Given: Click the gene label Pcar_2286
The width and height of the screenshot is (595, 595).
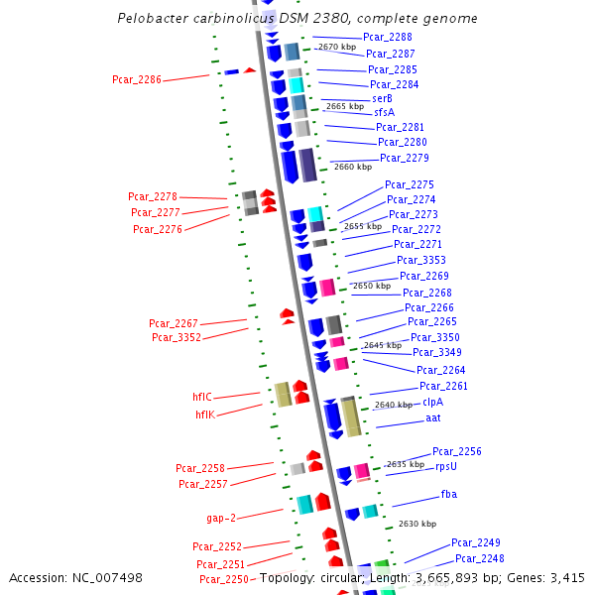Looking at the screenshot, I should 137,78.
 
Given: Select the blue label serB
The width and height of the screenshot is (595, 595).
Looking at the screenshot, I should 382,98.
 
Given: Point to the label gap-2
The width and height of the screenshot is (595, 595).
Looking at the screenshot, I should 221,518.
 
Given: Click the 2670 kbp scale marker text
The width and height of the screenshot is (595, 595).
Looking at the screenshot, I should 337,47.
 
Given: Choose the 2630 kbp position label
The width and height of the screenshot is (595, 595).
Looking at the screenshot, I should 416,524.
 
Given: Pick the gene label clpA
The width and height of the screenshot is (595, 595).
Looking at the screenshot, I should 433,402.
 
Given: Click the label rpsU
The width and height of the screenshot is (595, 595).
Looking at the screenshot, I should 446,466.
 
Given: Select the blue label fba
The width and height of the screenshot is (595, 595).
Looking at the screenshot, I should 449,494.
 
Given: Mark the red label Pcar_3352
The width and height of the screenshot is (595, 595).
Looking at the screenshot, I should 177,337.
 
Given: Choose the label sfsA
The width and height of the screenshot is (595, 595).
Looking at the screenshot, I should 385,112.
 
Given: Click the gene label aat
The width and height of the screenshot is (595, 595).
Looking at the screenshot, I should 433,417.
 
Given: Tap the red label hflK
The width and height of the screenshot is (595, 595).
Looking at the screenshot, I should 205,415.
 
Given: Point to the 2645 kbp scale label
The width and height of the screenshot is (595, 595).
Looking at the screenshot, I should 383,345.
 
